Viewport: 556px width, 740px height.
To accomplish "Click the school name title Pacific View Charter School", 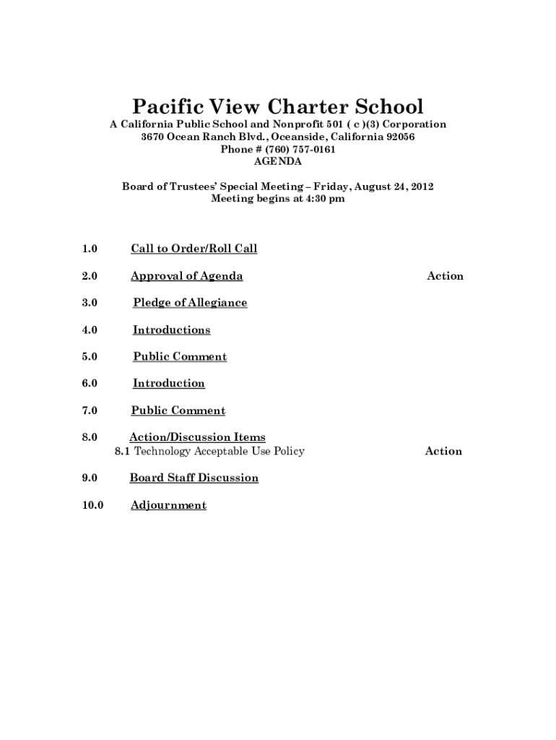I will coord(278,107).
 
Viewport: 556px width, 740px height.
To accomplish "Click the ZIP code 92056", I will coord(401,137).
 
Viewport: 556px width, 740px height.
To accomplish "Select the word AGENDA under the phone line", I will coord(278,162).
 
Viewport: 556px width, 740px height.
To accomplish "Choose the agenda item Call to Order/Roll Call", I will coord(194,249).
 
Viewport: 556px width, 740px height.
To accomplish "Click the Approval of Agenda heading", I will coord(186,276).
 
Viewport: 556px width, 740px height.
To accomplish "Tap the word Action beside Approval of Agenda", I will coord(445,276).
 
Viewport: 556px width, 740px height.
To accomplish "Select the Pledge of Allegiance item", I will coord(190,303).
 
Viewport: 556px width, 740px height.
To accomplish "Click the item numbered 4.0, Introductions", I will coord(172,330).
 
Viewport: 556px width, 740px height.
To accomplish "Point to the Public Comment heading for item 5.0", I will coord(180,357).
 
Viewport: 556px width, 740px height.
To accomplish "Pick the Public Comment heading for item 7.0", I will coord(178,410).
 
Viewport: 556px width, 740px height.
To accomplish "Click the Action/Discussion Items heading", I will coord(197,437).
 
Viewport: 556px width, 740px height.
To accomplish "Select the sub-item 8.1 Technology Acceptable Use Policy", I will coord(209,452).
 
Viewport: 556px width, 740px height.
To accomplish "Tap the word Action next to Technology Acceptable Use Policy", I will coord(443,452).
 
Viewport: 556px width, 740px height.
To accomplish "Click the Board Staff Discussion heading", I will coord(194,478).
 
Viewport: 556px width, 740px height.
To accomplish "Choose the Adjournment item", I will coord(168,505).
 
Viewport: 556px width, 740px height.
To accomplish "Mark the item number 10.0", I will coord(92,505).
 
